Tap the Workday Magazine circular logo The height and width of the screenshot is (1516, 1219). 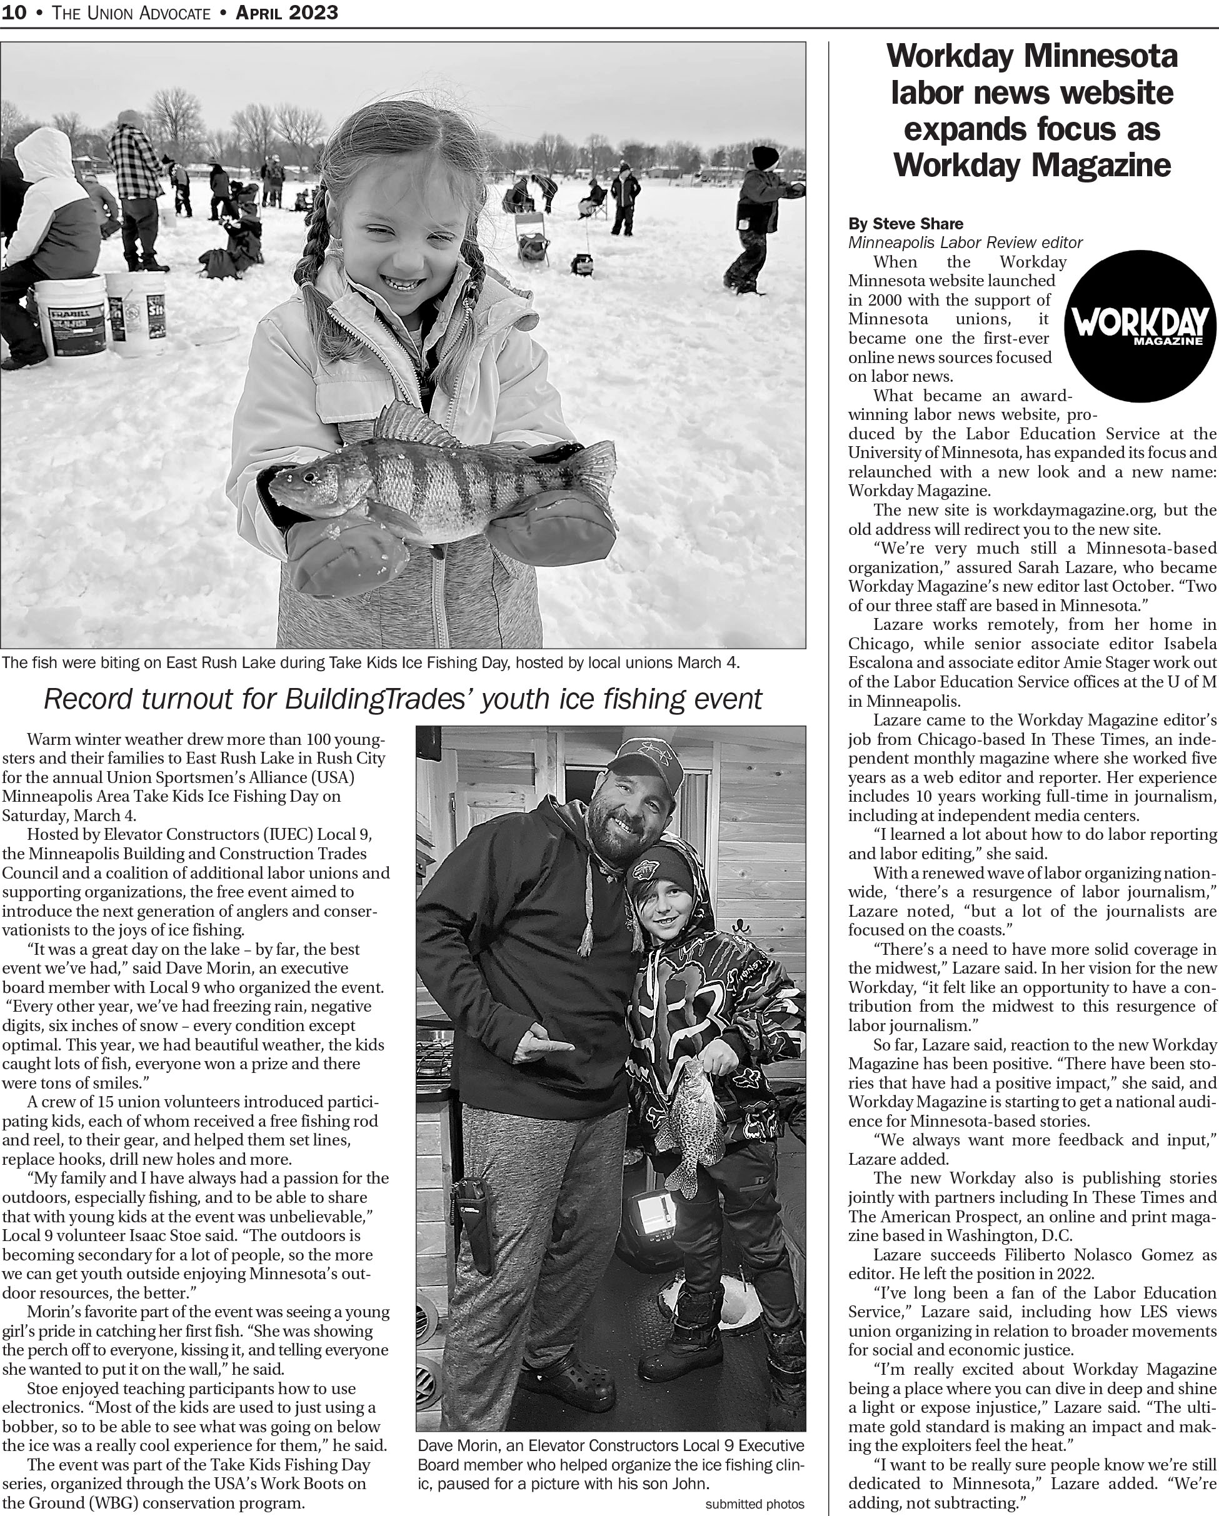tap(1140, 326)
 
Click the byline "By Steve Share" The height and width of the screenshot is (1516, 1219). tap(905, 224)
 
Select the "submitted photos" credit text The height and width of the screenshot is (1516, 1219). tap(754, 1504)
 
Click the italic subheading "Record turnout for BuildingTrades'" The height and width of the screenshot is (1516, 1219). tap(403, 699)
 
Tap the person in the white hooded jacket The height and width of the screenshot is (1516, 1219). tap(49, 204)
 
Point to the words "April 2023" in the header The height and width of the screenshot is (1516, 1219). tap(287, 12)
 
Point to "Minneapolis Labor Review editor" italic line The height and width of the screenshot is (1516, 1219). tap(965, 242)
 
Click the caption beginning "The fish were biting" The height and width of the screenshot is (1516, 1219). tap(371, 662)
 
